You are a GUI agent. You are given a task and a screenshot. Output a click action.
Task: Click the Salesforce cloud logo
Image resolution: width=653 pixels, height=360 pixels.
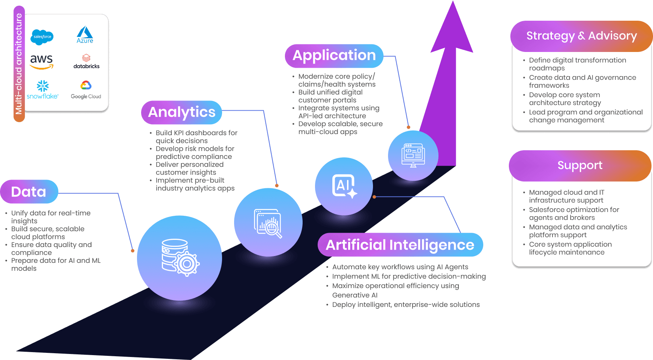coord(42,37)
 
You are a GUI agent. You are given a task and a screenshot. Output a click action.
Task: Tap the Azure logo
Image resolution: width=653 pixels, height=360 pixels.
coord(85,35)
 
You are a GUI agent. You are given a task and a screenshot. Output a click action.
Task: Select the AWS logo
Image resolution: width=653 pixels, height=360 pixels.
coord(41,61)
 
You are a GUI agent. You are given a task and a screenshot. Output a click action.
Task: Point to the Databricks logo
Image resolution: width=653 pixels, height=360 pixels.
coord(86,61)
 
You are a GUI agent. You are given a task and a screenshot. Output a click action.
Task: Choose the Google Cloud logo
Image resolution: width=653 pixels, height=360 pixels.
coord(86,90)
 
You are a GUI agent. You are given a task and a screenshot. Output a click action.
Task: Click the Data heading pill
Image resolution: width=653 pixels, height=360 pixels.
coord(29,192)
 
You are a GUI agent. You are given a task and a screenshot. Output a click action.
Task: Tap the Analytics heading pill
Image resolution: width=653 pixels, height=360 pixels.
coord(181,112)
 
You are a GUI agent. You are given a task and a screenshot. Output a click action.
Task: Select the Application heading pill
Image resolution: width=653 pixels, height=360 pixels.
coord(334,56)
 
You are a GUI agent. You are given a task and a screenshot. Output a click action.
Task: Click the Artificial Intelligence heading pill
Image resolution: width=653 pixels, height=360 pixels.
coord(400,245)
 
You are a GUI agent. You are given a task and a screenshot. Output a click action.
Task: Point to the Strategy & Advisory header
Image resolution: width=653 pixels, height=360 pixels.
coord(581,36)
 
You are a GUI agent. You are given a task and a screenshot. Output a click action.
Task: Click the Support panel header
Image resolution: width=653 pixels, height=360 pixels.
coord(580,165)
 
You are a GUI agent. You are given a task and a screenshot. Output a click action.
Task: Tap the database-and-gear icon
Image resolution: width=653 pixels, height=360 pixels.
coord(180,258)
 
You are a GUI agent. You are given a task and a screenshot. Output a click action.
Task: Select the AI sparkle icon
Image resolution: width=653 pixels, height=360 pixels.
coord(344,186)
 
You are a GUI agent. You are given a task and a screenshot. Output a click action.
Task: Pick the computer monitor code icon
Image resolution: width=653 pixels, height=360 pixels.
coord(413,155)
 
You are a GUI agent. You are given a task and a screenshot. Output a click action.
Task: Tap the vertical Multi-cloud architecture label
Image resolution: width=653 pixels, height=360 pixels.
coord(19,64)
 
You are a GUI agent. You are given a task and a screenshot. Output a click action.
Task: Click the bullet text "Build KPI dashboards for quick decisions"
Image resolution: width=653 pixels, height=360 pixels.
coord(196,137)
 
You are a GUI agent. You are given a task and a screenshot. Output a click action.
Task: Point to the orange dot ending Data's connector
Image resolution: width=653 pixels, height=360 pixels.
coord(132,251)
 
